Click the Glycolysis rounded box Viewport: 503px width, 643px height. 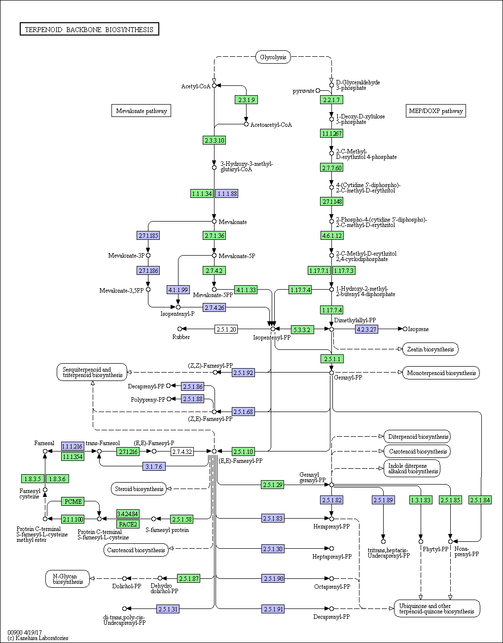point(273,57)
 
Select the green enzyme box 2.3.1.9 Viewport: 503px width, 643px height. point(247,100)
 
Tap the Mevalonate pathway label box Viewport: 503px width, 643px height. point(142,111)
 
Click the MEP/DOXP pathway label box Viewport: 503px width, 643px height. point(435,111)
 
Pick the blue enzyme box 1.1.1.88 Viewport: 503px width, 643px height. point(226,193)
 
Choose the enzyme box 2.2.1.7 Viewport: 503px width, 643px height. point(331,100)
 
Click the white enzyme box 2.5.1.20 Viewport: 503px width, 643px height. point(226,329)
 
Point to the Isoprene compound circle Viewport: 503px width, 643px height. point(405,329)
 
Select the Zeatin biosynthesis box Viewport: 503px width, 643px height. point(430,349)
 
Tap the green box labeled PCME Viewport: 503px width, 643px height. point(73,501)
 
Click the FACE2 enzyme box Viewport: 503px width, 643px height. point(128,524)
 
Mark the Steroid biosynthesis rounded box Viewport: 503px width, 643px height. point(139,489)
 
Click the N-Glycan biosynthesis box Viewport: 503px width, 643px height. point(68,579)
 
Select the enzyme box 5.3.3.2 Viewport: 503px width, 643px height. point(302,329)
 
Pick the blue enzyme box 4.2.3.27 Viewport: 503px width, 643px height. point(367,329)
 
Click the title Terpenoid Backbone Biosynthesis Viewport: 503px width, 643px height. point(89,29)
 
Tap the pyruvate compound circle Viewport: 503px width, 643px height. point(318,90)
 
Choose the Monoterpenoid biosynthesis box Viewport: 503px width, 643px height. point(441,373)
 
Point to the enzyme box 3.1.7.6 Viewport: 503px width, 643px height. point(154,466)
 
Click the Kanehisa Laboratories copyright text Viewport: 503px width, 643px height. point(38,638)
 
